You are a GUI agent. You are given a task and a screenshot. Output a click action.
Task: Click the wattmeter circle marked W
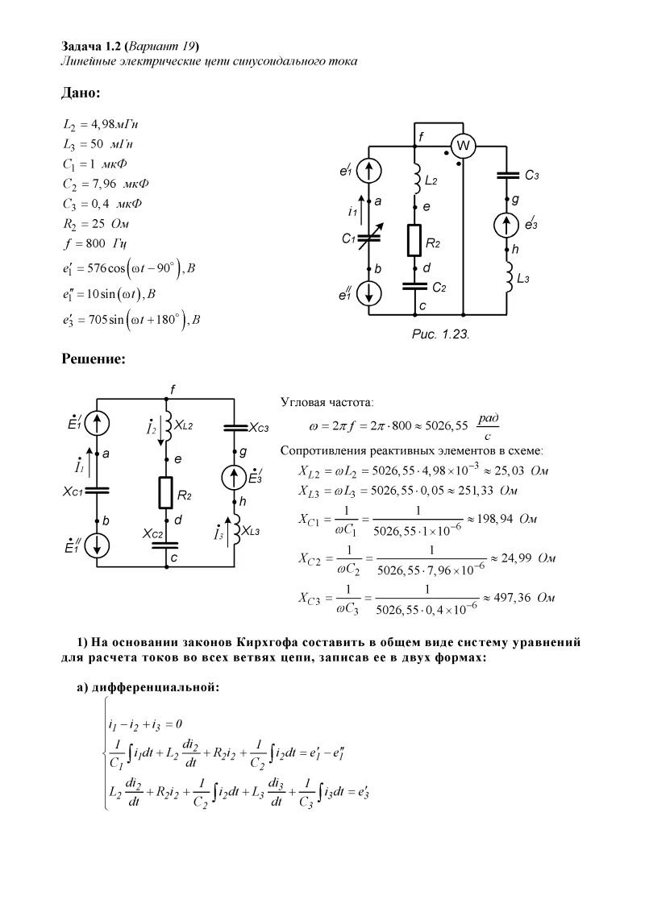click(x=463, y=145)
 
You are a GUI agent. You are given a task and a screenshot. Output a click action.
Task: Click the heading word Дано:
click(x=81, y=93)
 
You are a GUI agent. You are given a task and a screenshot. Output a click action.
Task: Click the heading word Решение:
click(x=94, y=359)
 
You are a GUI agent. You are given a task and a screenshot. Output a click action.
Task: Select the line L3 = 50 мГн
click(x=98, y=144)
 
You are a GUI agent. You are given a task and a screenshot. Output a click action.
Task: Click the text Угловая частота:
click(x=327, y=401)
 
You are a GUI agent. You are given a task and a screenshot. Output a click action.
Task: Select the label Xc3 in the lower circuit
click(x=258, y=426)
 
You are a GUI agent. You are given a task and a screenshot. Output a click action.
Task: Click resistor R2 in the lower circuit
click(x=165, y=492)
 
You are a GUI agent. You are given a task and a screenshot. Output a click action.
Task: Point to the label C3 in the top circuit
click(x=532, y=175)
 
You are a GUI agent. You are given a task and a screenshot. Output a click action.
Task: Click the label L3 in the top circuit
click(x=523, y=278)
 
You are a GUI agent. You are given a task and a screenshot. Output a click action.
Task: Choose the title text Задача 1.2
click(x=91, y=44)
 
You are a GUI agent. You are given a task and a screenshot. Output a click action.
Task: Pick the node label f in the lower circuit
click(x=173, y=389)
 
